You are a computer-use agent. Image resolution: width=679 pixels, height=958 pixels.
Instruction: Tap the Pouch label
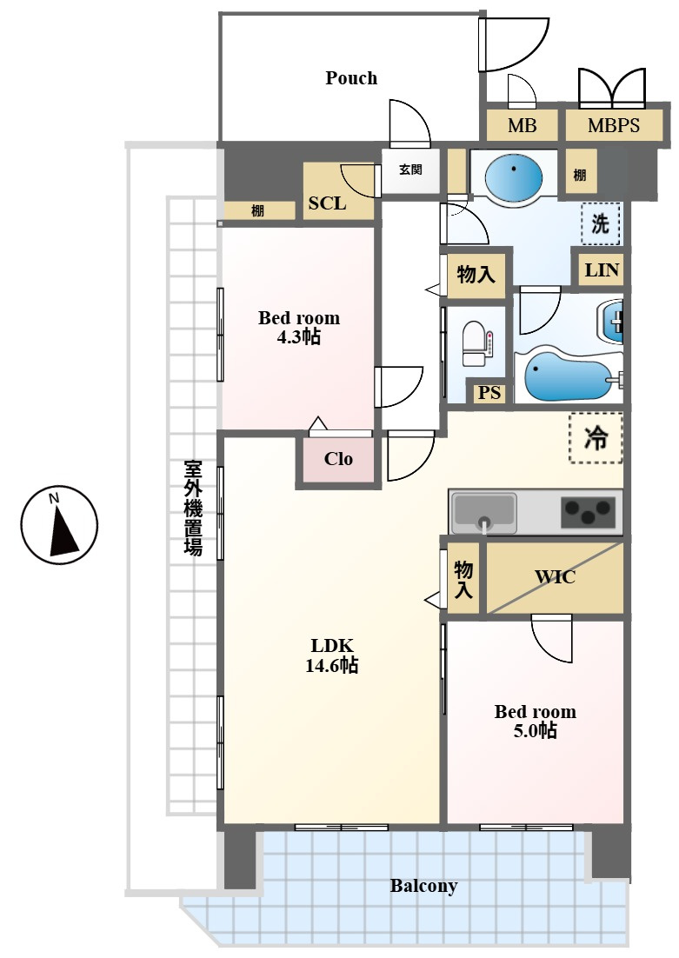pyautogui.click(x=351, y=78)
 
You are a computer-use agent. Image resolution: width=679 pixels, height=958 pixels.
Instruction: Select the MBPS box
pyautogui.click(x=614, y=125)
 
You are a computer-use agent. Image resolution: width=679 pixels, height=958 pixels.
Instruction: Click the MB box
pyautogui.click(x=522, y=125)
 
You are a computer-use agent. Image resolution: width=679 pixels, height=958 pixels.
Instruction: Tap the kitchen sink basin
pyautogui.click(x=483, y=512)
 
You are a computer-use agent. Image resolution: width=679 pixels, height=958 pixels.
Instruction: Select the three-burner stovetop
pyautogui.click(x=588, y=512)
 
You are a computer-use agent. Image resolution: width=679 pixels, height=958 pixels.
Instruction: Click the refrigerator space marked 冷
pyautogui.click(x=596, y=437)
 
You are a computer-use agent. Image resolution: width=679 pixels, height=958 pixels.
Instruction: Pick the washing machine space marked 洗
pyautogui.click(x=600, y=223)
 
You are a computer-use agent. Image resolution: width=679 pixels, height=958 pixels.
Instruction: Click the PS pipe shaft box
pyautogui.click(x=489, y=392)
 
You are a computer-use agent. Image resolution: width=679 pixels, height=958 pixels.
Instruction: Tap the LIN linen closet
pyautogui.click(x=602, y=269)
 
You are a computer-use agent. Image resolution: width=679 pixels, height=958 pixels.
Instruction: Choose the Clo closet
pyautogui.click(x=338, y=459)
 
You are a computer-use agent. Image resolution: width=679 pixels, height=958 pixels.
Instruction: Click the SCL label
pyautogui.click(x=327, y=203)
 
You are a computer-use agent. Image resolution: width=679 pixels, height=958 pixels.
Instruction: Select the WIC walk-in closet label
pyautogui.click(x=555, y=576)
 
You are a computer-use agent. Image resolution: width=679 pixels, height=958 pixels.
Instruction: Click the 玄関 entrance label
pyautogui.click(x=410, y=170)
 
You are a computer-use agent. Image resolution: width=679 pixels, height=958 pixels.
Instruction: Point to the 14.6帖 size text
pyautogui.click(x=332, y=665)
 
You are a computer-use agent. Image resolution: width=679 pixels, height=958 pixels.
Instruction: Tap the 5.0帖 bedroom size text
pyautogui.click(x=535, y=731)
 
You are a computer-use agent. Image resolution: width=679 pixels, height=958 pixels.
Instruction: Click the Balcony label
pyautogui.click(x=423, y=885)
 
